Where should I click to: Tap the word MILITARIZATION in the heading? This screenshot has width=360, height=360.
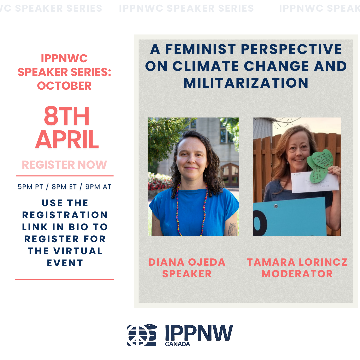[246, 83]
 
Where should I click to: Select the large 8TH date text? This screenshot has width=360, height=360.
[67, 117]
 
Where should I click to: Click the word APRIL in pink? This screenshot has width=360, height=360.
[67, 140]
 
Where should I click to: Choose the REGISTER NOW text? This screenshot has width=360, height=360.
[64, 165]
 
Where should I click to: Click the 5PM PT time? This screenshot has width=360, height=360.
[30, 187]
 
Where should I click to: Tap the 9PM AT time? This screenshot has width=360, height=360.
[98, 187]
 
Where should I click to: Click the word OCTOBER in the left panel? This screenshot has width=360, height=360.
[64, 86]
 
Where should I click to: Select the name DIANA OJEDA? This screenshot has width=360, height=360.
[187, 262]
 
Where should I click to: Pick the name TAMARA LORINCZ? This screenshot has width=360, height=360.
[297, 262]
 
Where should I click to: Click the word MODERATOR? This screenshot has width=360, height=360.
[297, 274]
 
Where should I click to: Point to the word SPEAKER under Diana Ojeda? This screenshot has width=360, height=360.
[187, 274]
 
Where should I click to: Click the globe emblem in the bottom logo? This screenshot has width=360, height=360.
[142, 335]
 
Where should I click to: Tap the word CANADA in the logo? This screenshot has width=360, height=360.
[177, 344]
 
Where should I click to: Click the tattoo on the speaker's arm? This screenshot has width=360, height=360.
[232, 229]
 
